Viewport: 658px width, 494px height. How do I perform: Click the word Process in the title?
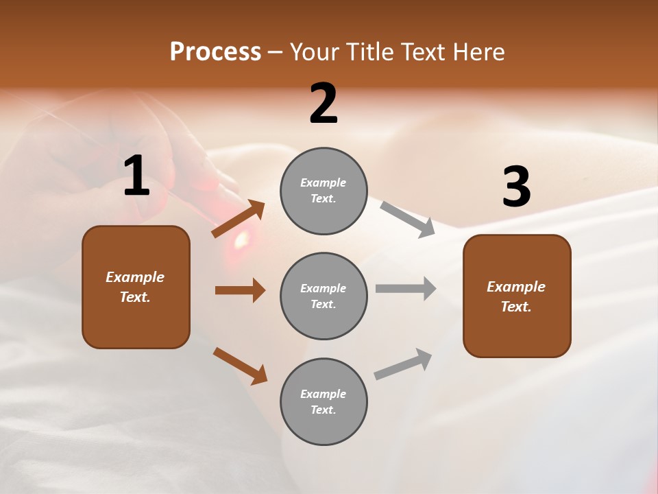click(x=215, y=52)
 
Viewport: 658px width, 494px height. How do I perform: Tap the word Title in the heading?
click(x=369, y=52)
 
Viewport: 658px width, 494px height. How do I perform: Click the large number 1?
click(x=136, y=176)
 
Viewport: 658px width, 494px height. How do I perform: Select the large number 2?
click(x=324, y=104)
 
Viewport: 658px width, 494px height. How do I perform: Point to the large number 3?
click(x=516, y=187)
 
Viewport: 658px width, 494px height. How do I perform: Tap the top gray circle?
click(x=324, y=191)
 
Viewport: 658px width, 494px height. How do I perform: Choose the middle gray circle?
click(x=324, y=296)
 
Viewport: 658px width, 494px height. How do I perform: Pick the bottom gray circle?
click(x=324, y=401)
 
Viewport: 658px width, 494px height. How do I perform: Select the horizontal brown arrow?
click(x=240, y=290)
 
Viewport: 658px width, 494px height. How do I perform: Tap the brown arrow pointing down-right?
click(x=240, y=366)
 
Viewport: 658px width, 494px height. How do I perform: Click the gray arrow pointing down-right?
click(x=408, y=219)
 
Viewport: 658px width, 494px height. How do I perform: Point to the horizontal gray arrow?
click(x=406, y=289)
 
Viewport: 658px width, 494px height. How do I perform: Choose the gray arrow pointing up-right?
click(x=403, y=364)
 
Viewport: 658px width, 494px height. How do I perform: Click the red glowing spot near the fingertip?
click(x=241, y=239)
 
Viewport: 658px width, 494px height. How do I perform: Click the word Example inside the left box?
click(x=135, y=277)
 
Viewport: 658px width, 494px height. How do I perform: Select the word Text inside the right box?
click(x=515, y=307)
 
